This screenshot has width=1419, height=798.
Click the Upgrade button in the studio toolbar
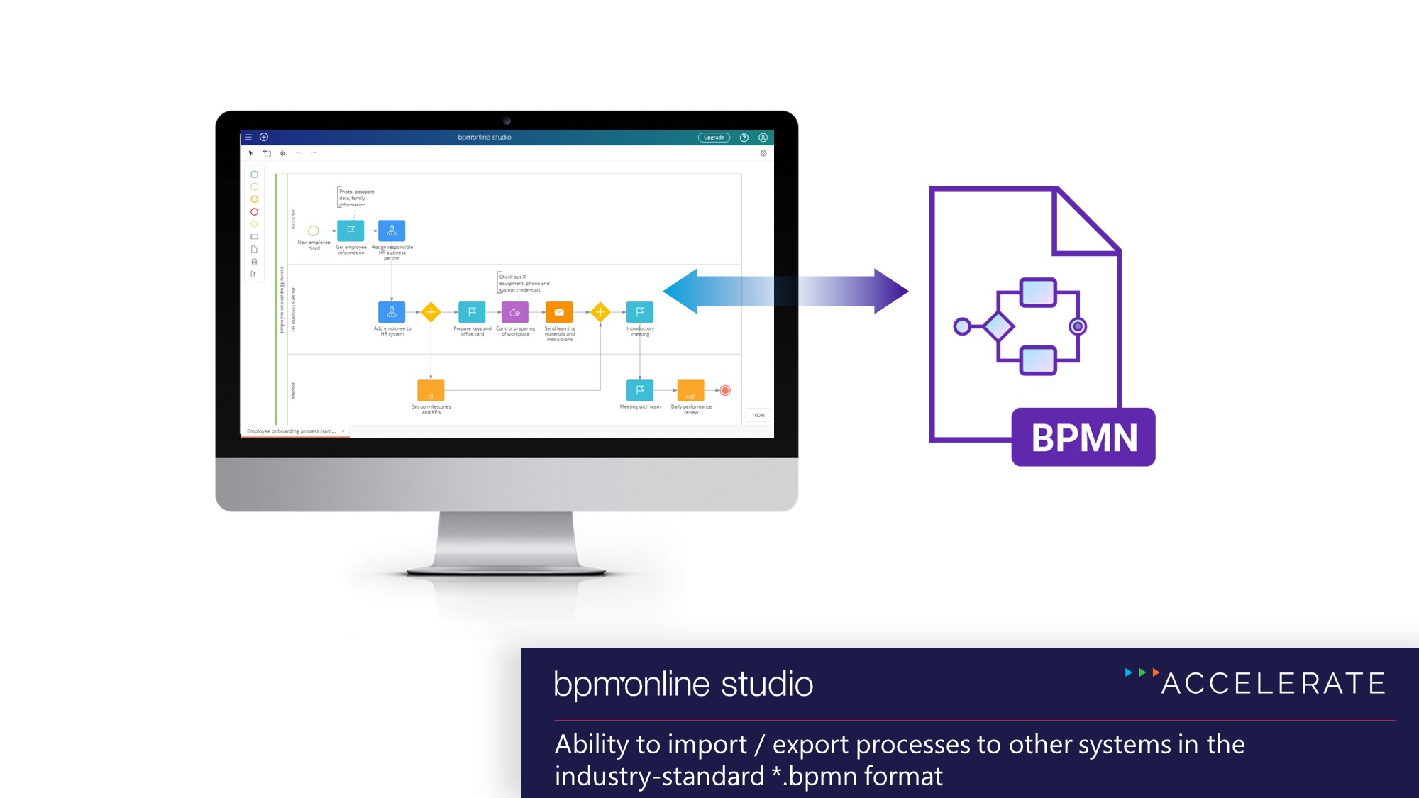(x=714, y=138)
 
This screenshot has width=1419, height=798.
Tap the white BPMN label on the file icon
(x=1083, y=438)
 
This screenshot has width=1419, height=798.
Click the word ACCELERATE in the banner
(x=1274, y=684)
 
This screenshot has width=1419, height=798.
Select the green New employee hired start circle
(x=313, y=231)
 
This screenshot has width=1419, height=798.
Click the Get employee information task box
(x=350, y=231)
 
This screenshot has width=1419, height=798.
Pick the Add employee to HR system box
(x=392, y=312)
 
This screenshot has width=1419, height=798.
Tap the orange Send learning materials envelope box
(x=559, y=312)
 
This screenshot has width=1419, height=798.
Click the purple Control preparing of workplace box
(x=515, y=312)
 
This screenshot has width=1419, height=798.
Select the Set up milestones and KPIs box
(x=431, y=391)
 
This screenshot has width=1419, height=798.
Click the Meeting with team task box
(x=640, y=390)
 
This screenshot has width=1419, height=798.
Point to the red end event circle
(x=725, y=390)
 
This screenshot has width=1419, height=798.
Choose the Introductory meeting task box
(x=640, y=312)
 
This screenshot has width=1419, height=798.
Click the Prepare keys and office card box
(x=472, y=312)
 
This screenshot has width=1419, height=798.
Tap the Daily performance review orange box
(x=690, y=391)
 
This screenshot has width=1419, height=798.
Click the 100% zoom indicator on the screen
(x=758, y=416)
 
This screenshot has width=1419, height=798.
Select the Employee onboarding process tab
(x=291, y=431)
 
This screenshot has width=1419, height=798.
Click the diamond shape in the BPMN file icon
(x=998, y=326)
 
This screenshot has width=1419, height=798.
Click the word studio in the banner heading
(x=767, y=685)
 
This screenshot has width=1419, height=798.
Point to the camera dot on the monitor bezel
(x=507, y=121)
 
